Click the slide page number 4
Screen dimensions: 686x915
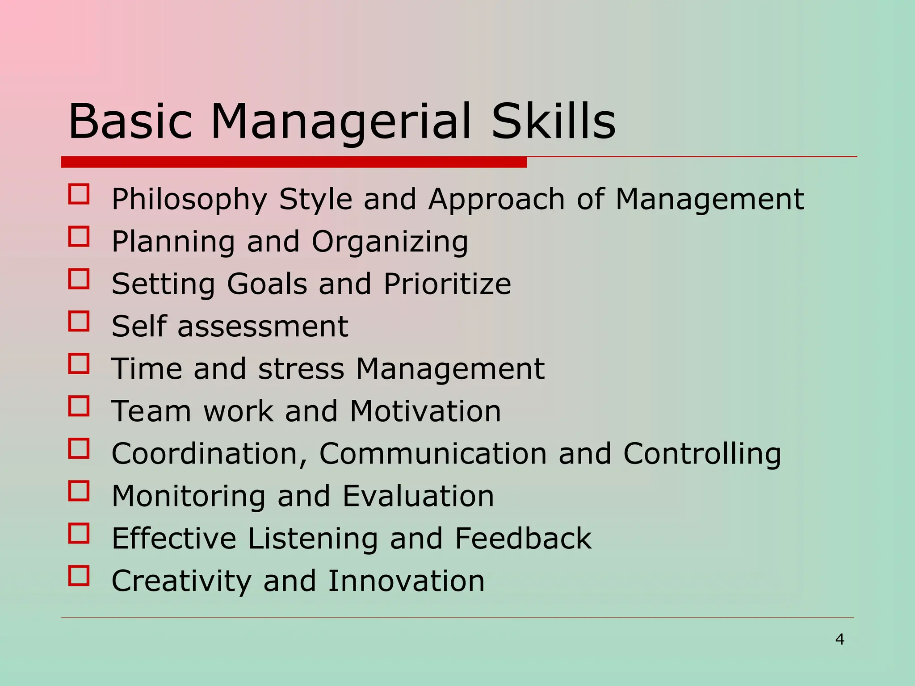tap(839, 640)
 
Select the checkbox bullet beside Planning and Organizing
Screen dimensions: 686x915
tap(79, 236)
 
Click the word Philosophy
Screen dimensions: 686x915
tap(189, 199)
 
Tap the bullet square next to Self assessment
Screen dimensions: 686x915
tap(79, 321)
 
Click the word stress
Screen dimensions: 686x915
tap(301, 369)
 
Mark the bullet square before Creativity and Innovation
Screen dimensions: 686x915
tap(79, 576)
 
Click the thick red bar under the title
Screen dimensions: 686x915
tap(294, 162)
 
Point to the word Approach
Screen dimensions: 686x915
tap(496, 199)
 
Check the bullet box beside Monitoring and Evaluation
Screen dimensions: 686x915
tap(79, 491)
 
